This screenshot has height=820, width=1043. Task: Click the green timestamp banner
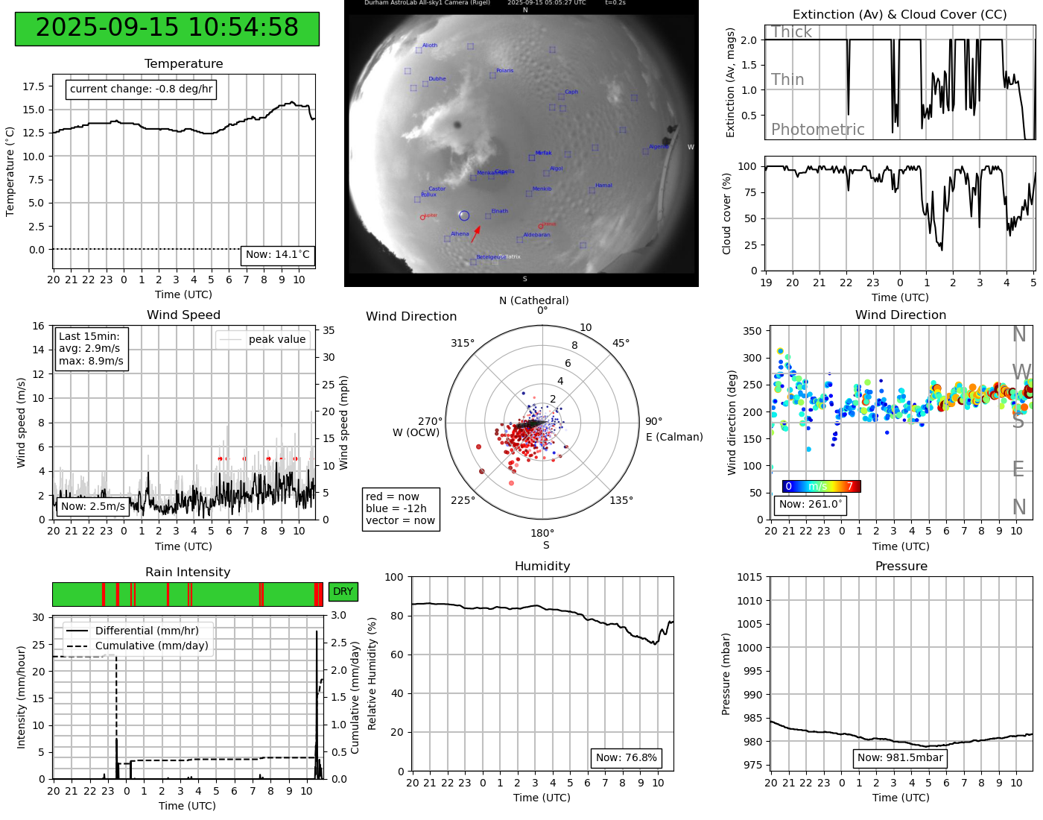(x=167, y=28)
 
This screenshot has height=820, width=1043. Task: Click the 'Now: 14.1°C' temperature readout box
(x=277, y=255)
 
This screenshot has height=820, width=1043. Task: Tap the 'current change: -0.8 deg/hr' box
(x=141, y=89)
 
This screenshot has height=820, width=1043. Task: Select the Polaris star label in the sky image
(x=504, y=71)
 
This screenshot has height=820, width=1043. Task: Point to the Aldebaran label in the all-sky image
(x=536, y=235)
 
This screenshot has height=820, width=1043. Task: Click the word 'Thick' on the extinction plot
(x=791, y=32)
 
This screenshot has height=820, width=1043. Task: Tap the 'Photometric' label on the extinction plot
(x=817, y=130)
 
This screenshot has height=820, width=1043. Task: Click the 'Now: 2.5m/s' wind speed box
(x=92, y=507)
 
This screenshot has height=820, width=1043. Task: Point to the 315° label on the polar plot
(x=462, y=343)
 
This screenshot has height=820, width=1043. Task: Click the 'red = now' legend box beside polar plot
(x=401, y=508)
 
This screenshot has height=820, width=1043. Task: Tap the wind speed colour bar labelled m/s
(x=821, y=487)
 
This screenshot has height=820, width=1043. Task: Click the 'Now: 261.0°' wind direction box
(x=811, y=505)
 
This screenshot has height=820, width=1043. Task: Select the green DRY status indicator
(x=343, y=592)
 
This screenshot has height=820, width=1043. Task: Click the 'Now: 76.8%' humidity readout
(x=626, y=758)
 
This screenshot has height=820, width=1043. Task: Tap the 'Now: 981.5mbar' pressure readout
(x=900, y=758)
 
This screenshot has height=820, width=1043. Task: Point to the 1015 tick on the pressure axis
(x=749, y=577)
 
